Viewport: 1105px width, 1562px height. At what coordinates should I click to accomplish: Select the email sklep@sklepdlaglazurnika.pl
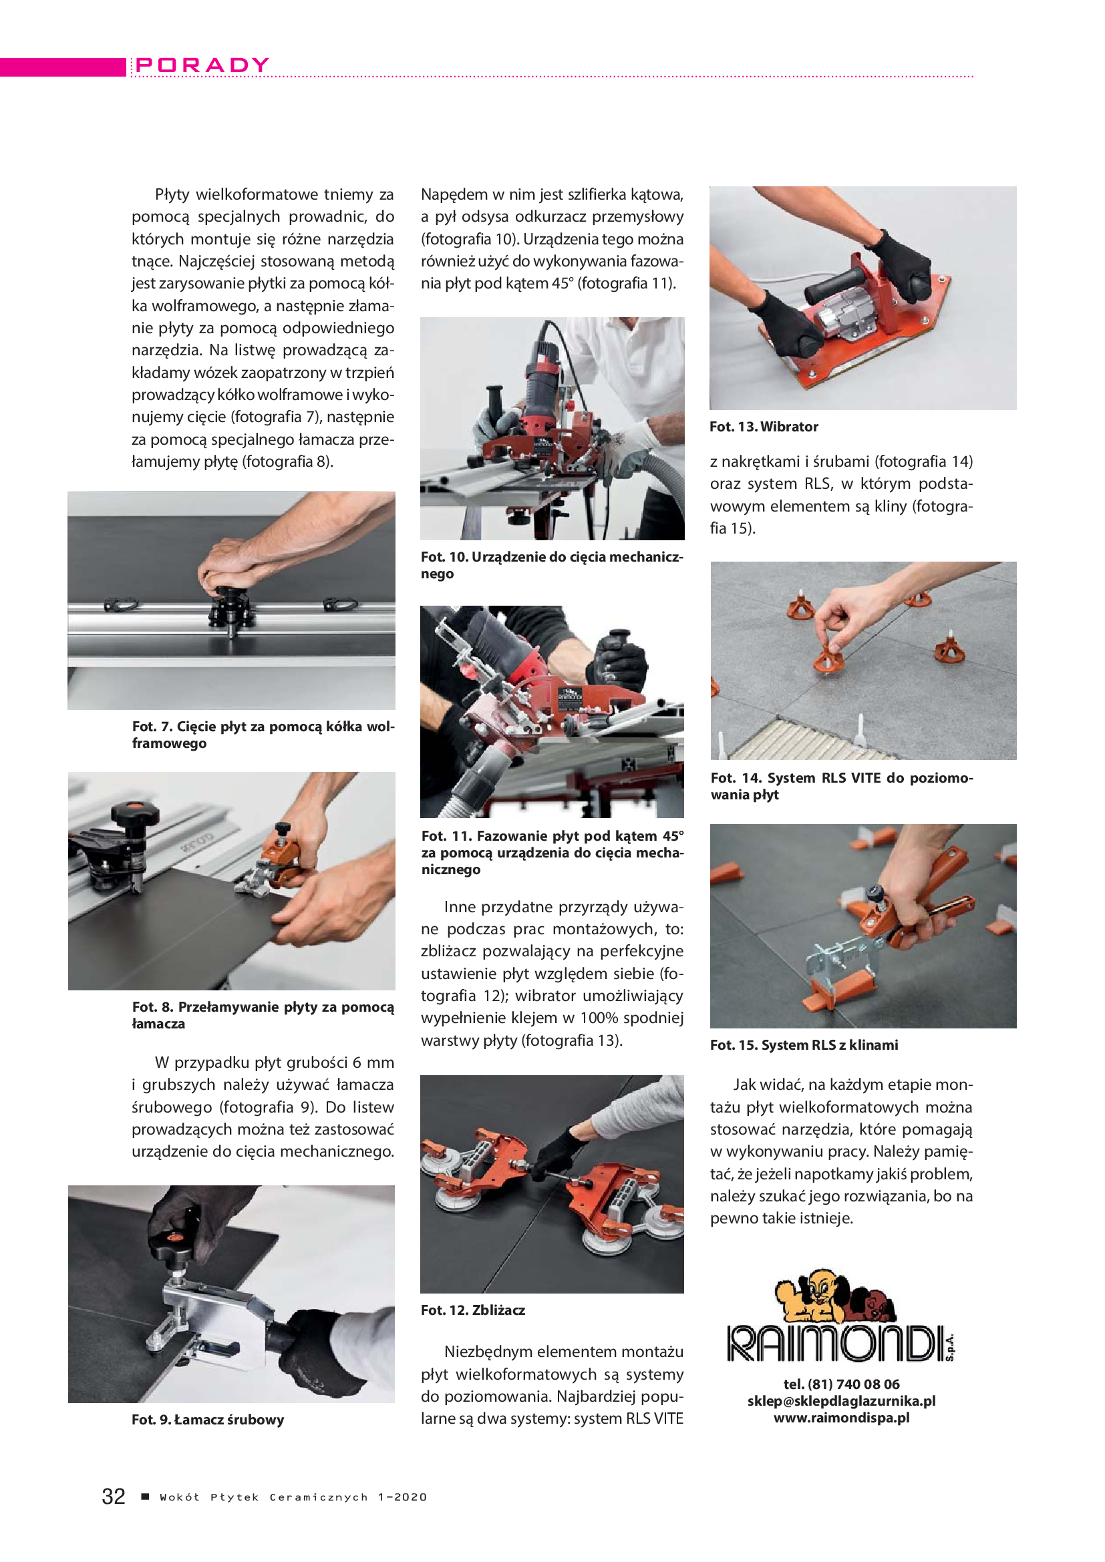(x=841, y=1401)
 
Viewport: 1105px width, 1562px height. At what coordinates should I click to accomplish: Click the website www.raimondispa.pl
(x=841, y=1418)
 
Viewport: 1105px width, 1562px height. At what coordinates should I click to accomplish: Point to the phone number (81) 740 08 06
(x=853, y=1384)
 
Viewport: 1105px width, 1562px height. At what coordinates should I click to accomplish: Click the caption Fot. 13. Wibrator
(x=764, y=427)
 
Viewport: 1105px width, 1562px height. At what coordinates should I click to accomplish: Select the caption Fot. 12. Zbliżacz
(x=473, y=1310)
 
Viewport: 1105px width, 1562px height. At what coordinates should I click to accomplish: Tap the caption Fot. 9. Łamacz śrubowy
(x=208, y=1419)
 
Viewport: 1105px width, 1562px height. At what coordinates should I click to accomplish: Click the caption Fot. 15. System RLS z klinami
(x=804, y=1045)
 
